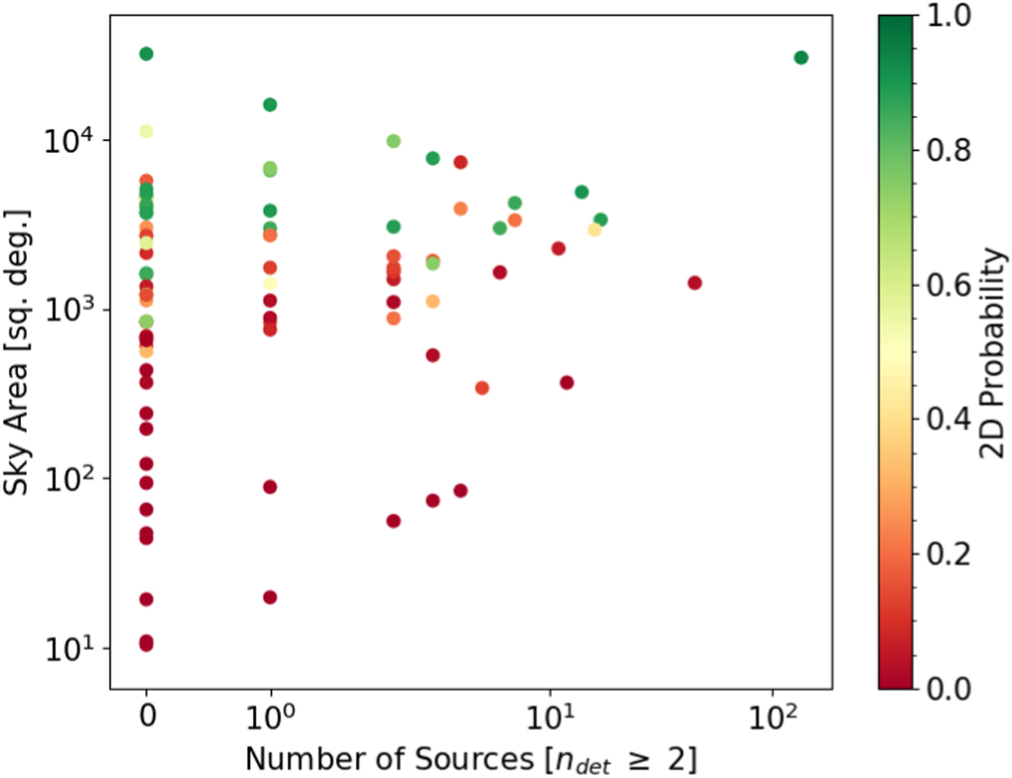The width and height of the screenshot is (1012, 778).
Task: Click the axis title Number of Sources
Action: (470, 758)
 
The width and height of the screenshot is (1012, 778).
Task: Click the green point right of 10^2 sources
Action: (801, 58)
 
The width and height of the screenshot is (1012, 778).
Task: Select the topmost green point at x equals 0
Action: (146, 54)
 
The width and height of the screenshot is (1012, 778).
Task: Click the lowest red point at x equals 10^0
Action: (270, 597)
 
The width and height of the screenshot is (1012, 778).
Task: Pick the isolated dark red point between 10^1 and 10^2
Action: (695, 283)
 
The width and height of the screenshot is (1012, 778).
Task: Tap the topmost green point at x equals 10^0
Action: (270, 105)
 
